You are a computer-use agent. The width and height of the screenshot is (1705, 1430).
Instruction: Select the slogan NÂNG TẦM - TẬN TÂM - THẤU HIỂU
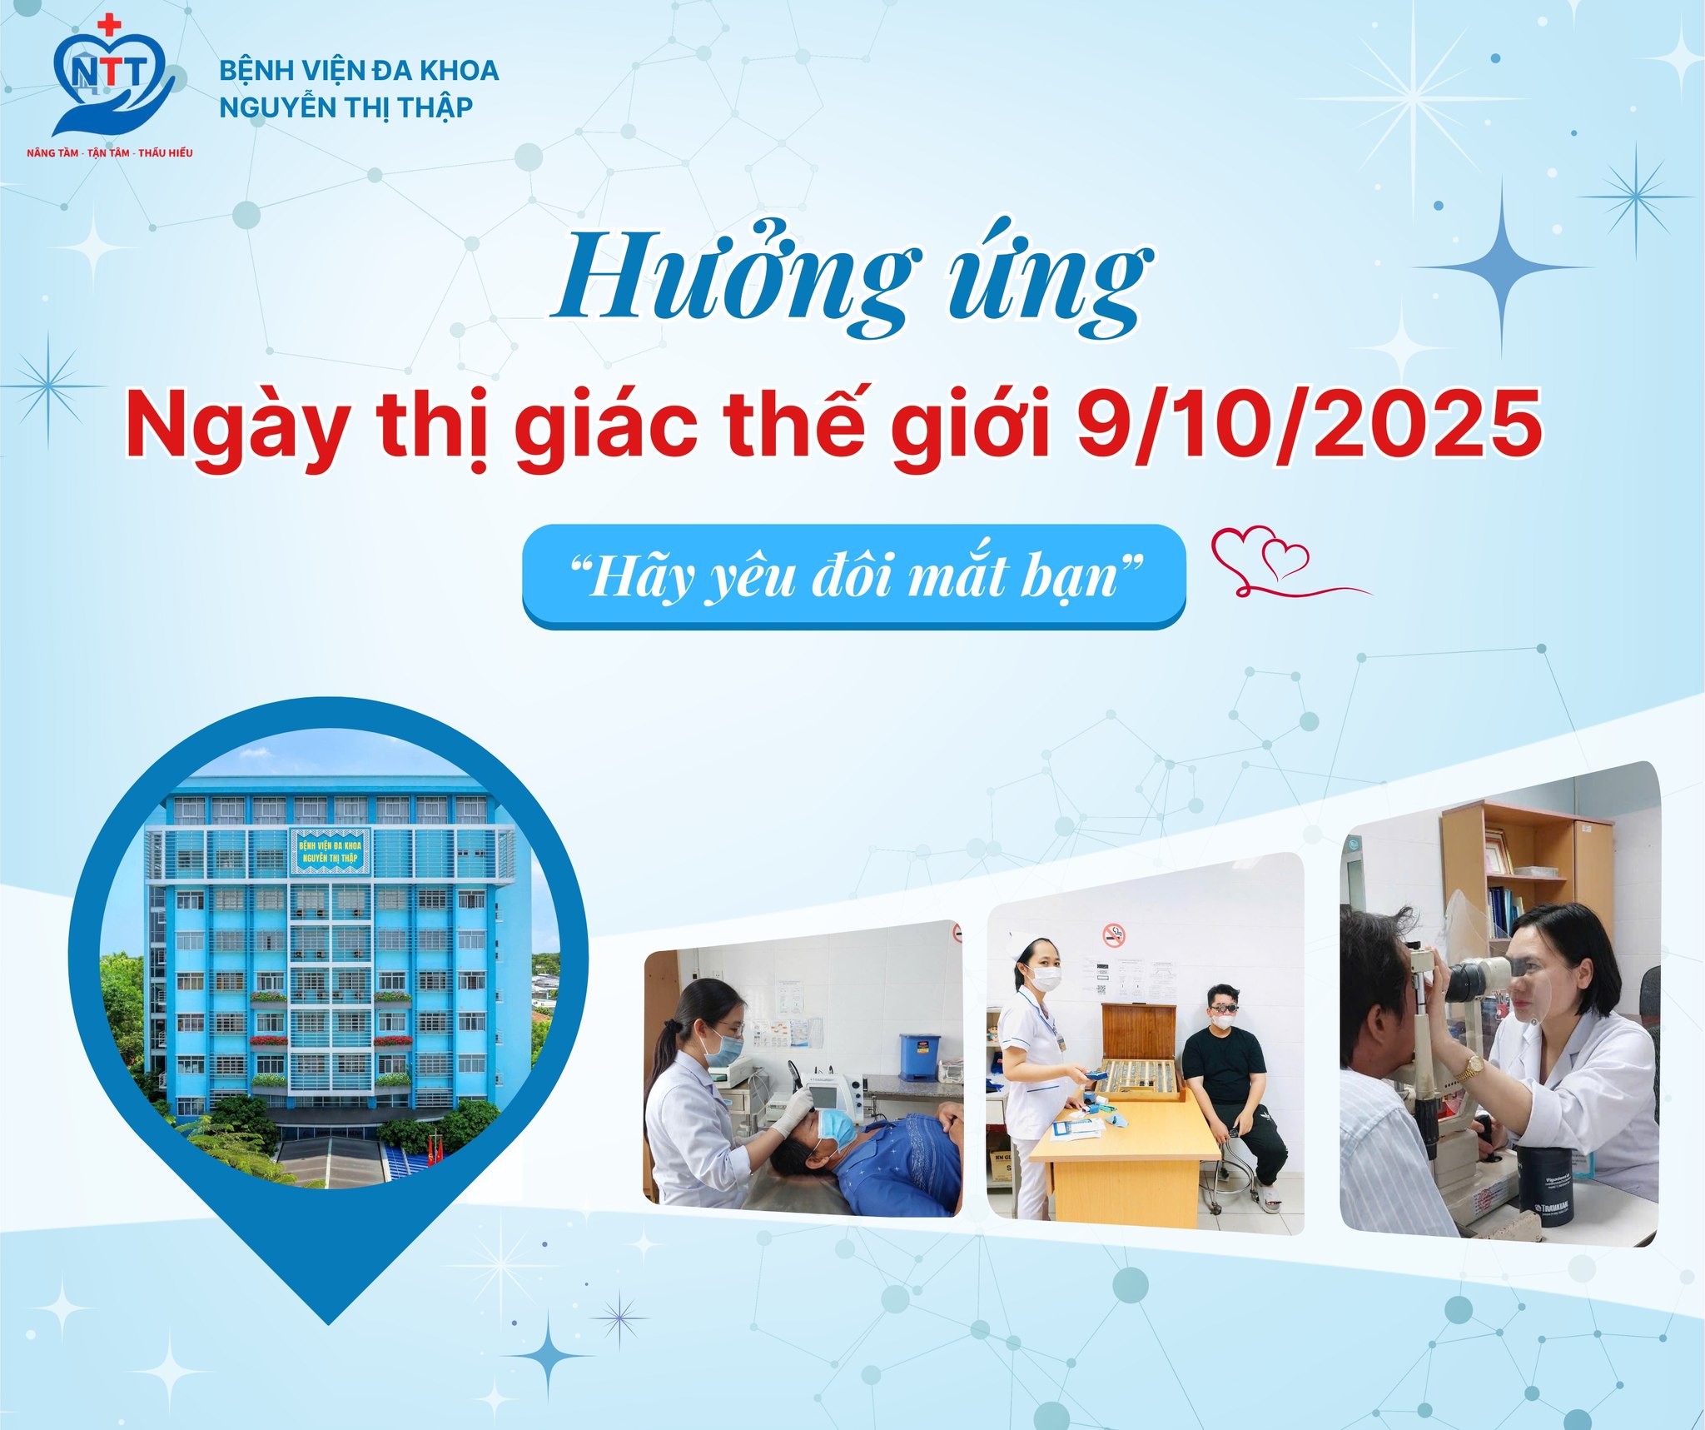(110, 153)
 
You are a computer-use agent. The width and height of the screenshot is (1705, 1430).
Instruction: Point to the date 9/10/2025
(1308, 425)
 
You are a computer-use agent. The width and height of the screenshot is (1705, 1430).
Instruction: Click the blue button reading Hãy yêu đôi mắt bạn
(853, 575)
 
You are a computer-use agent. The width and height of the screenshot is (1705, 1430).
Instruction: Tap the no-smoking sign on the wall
(1114, 934)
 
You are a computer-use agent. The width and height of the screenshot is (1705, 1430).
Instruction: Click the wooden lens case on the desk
(1139, 1054)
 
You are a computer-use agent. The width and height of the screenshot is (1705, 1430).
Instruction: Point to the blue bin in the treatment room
(919, 1057)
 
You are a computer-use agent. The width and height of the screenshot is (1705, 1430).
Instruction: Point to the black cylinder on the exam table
(1544, 1185)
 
